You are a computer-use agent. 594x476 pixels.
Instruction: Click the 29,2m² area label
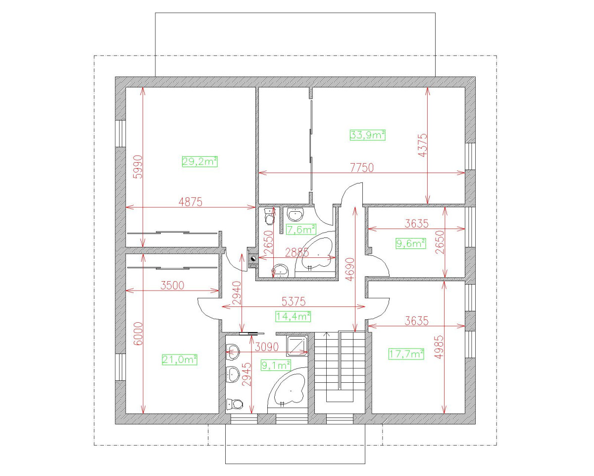pos(200,162)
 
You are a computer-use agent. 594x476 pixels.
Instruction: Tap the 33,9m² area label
pos(367,135)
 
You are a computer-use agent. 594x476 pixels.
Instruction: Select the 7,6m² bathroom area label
pos(301,229)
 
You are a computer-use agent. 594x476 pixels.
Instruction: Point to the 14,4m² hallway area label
pos(293,316)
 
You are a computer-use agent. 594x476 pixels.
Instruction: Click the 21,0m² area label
pos(179,359)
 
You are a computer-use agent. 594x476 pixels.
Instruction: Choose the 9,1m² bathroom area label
pos(276,365)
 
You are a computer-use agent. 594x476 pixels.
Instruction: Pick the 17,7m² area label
pos(406,354)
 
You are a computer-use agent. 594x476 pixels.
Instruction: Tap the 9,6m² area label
pos(411,243)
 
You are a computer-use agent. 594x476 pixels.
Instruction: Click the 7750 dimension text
pos(362,168)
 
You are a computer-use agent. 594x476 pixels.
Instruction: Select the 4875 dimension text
pos(191,202)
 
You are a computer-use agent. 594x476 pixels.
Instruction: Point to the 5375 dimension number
pos(294,301)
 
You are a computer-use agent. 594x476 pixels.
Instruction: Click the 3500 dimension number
pos(172,285)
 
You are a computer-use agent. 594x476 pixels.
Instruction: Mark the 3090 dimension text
pos(267,347)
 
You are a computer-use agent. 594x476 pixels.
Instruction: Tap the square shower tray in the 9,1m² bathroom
pos(297,346)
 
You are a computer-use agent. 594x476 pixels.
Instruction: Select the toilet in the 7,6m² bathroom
pos(269,216)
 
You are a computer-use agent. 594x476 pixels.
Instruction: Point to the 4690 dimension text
pos(350,269)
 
